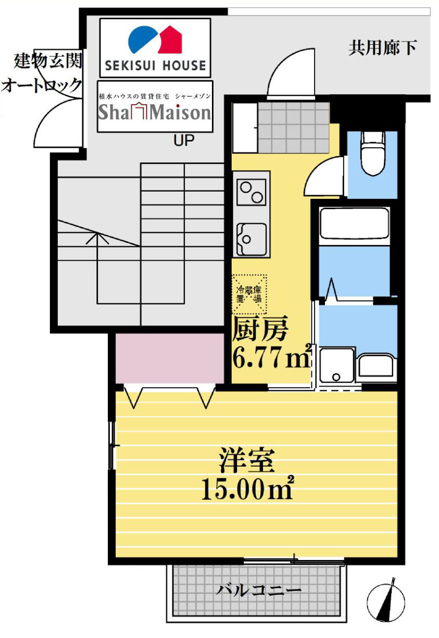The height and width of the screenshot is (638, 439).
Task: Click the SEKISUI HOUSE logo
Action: tap(155, 48)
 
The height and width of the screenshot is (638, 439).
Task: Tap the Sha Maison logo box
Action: tap(155, 106)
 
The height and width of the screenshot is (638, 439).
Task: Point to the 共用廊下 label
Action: tap(382, 47)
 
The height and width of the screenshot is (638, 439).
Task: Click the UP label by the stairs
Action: tap(184, 140)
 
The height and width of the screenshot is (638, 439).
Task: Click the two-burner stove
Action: tap(251, 192)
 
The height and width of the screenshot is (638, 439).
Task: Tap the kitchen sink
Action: tap(252, 239)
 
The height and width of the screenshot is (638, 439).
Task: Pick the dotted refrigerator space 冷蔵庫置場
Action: tap(249, 294)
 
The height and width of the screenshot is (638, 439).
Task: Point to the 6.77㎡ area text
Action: tap(272, 356)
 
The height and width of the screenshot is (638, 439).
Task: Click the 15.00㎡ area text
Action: tap(247, 488)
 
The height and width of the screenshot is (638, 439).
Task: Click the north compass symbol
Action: tap(386, 603)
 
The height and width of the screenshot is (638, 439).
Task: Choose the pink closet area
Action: tap(170, 359)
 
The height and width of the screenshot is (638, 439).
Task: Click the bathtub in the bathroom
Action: tap(355, 224)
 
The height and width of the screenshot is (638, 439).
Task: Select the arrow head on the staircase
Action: tap(97, 238)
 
